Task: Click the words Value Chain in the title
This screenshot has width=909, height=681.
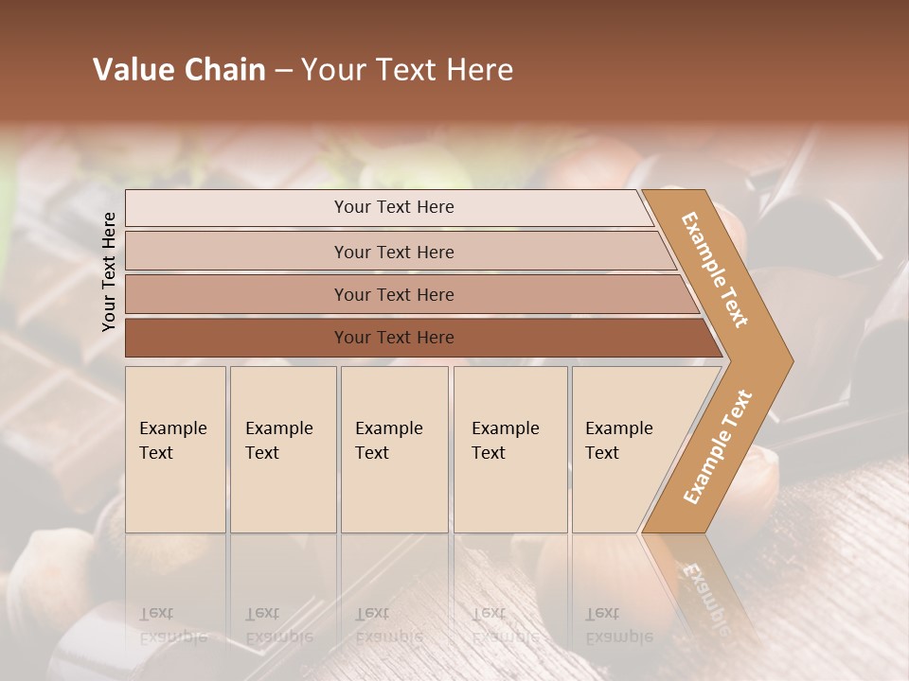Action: tap(179, 70)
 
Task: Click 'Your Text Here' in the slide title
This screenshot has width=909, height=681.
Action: tap(407, 70)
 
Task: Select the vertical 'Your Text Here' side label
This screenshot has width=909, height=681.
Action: tap(109, 271)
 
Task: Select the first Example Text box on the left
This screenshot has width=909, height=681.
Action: tap(175, 449)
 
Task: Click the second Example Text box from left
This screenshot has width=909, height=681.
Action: tap(283, 449)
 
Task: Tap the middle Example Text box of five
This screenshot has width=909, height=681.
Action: tap(394, 449)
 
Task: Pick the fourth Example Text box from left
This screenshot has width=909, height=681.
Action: tap(510, 449)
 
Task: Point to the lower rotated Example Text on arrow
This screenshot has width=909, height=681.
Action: tap(718, 447)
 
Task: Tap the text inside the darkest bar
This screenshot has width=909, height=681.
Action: tap(394, 338)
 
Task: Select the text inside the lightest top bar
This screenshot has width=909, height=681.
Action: tap(394, 207)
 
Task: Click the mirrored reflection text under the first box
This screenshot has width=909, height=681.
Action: tap(173, 625)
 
